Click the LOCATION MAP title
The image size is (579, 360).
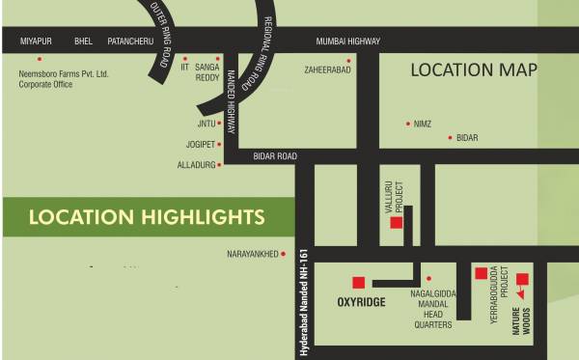coord(473,69)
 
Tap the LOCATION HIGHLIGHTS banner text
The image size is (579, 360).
coord(147,216)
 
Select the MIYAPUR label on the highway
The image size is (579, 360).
coord(37,41)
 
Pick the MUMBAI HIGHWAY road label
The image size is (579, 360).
coord(348,41)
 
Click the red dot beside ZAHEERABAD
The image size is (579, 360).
coord(351,58)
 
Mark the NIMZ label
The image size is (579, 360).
coord(422,125)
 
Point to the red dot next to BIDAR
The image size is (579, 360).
coord(450,138)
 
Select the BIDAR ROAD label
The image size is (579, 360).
coord(275,155)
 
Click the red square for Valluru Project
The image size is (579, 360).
coord(396,223)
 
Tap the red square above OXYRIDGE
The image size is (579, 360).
coord(358,282)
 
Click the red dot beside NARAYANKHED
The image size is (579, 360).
coord(285,254)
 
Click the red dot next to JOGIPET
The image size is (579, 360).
coord(220,144)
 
